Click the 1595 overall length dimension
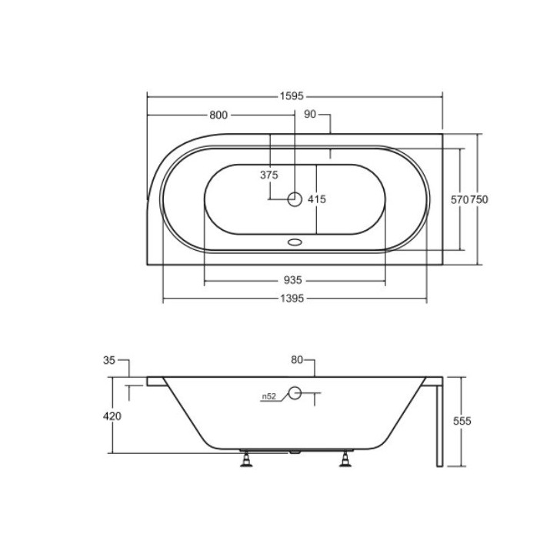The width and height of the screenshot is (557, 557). tap(294, 97)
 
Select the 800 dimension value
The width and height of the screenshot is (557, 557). tap(218, 115)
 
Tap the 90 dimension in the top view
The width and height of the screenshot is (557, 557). tap(311, 115)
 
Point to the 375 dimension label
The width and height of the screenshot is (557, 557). tap(268, 175)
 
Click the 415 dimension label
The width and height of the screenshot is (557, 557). tap(317, 199)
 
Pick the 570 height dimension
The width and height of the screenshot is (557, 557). tap(459, 199)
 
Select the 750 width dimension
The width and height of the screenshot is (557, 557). tap(479, 199)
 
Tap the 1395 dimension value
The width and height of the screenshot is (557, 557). tap(295, 299)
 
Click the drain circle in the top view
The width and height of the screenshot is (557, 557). tap(295, 199)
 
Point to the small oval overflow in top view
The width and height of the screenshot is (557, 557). tap(295, 241)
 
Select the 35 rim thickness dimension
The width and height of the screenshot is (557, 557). tap(108, 360)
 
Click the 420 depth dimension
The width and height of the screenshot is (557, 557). tap(112, 416)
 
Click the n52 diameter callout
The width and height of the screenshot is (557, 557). tap(268, 396)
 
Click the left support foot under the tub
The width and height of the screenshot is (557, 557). tap(248, 459)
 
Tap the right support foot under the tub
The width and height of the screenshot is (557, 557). tap(345, 459)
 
